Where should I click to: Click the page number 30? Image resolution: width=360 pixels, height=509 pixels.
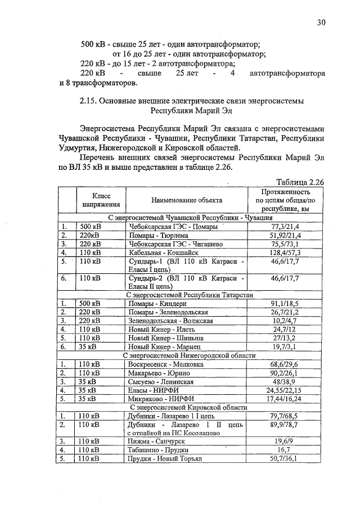(321, 22)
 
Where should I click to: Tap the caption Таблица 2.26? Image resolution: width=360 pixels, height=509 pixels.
(301, 182)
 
